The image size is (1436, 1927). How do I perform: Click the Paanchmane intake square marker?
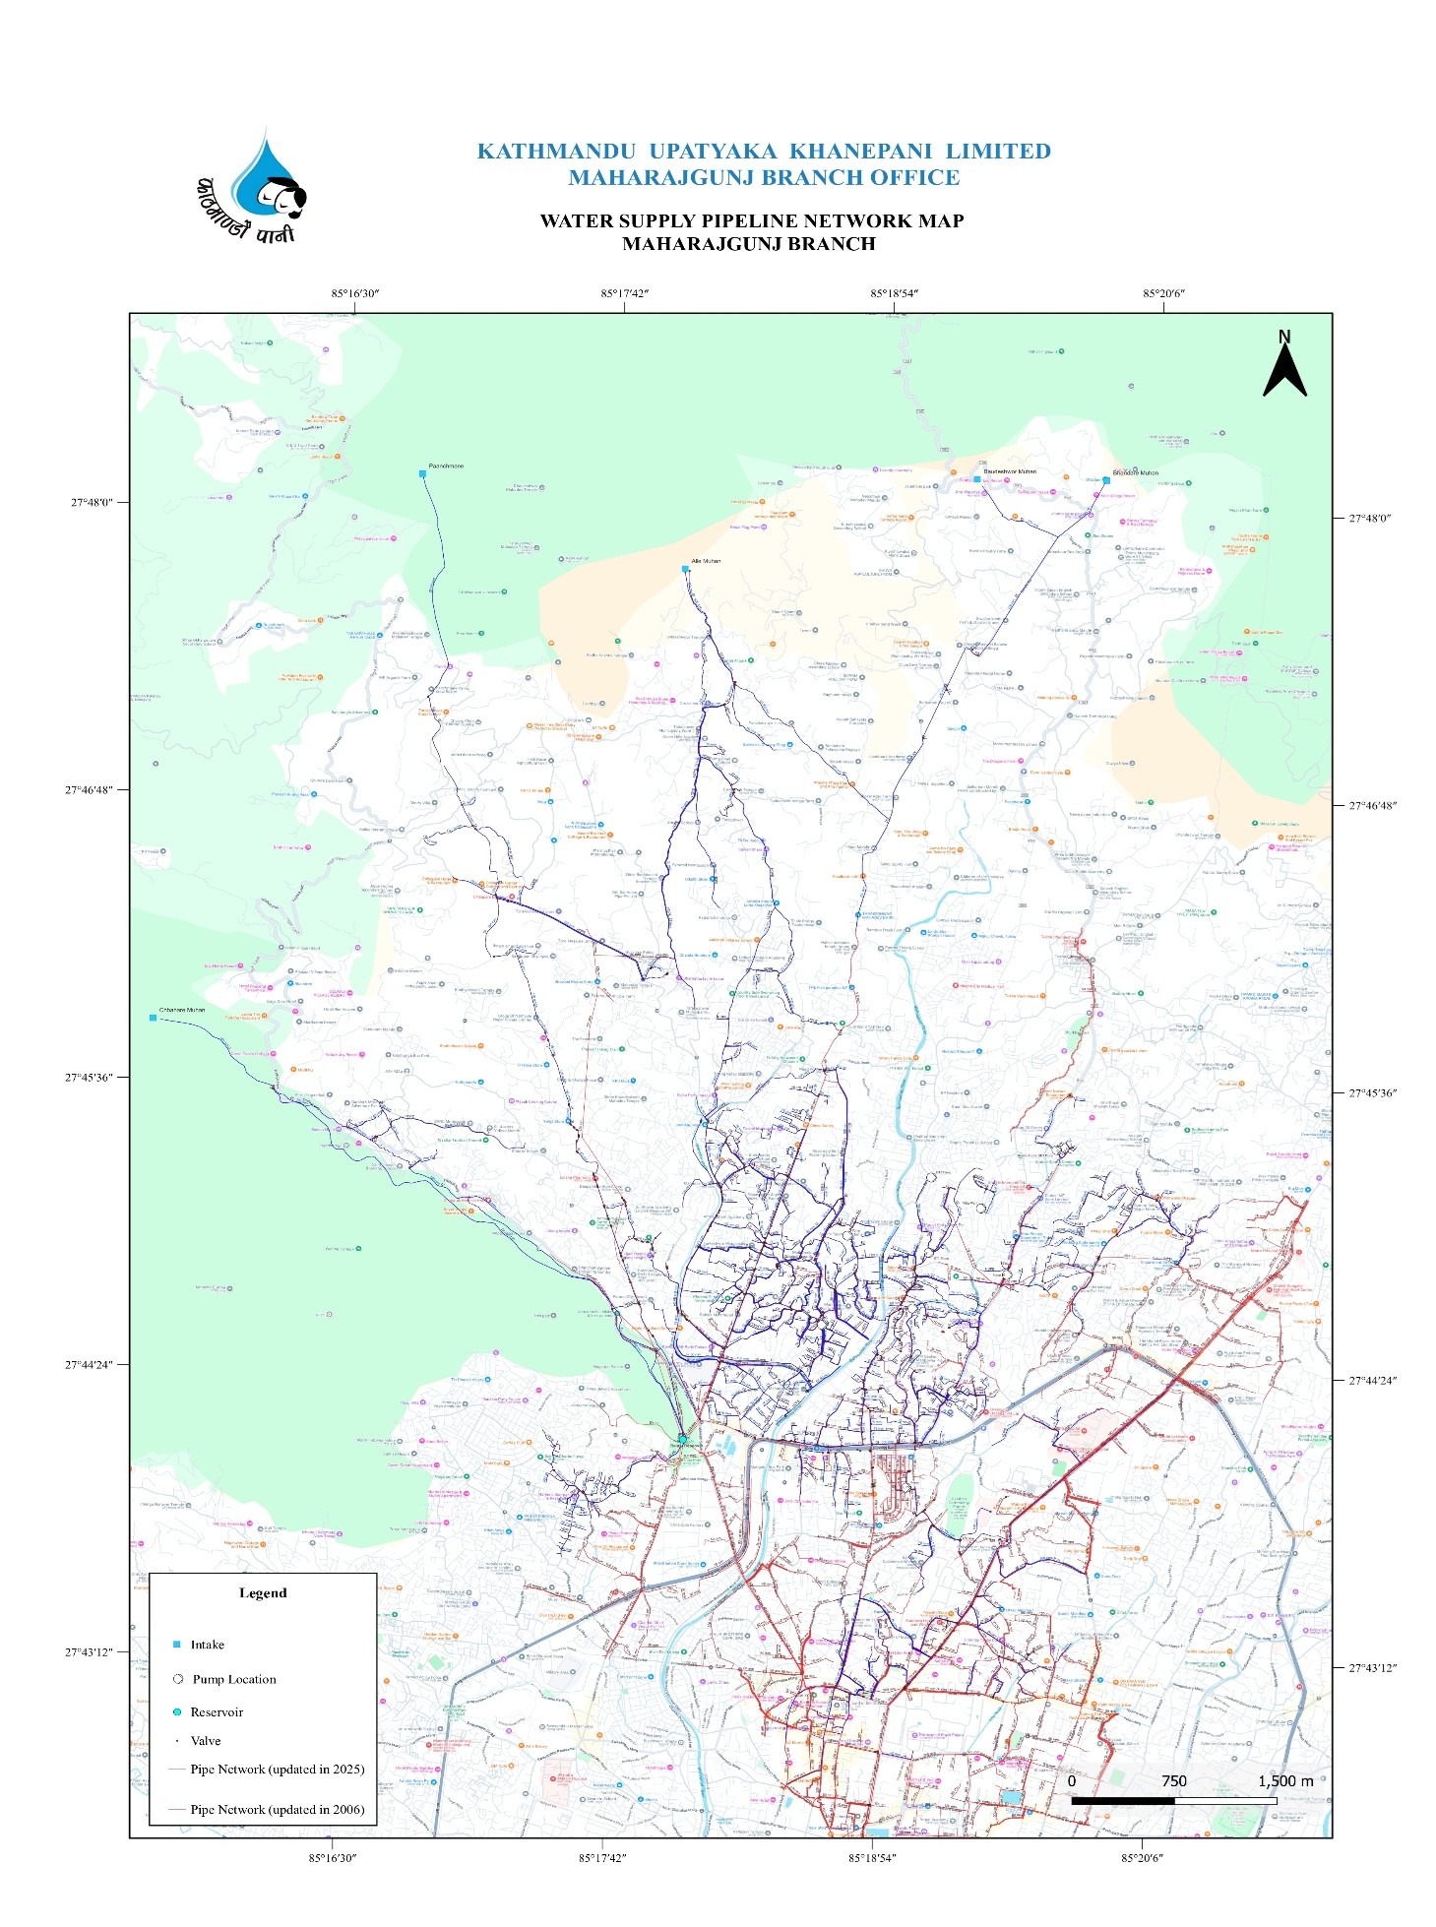click(x=422, y=474)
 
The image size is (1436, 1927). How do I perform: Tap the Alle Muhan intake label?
click(x=706, y=561)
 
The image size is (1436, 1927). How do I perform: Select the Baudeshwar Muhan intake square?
click(x=977, y=479)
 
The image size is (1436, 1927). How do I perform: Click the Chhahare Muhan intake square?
click(x=153, y=1018)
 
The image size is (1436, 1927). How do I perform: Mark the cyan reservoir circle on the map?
click(x=682, y=1439)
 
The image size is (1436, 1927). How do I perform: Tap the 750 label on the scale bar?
click(x=1173, y=1781)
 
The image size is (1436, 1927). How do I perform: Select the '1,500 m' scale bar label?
click(x=1284, y=1781)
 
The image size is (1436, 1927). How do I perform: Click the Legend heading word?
click(x=263, y=1592)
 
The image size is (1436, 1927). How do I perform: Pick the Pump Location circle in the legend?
click(x=178, y=1679)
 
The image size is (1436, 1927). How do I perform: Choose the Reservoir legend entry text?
click(x=217, y=1711)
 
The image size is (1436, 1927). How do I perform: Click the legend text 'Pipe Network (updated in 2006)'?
click(x=277, y=1809)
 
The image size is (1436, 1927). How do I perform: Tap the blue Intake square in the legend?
click(x=177, y=1645)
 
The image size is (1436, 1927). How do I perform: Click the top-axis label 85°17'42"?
click(x=625, y=293)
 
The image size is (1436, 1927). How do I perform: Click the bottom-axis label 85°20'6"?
click(x=1142, y=1858)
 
